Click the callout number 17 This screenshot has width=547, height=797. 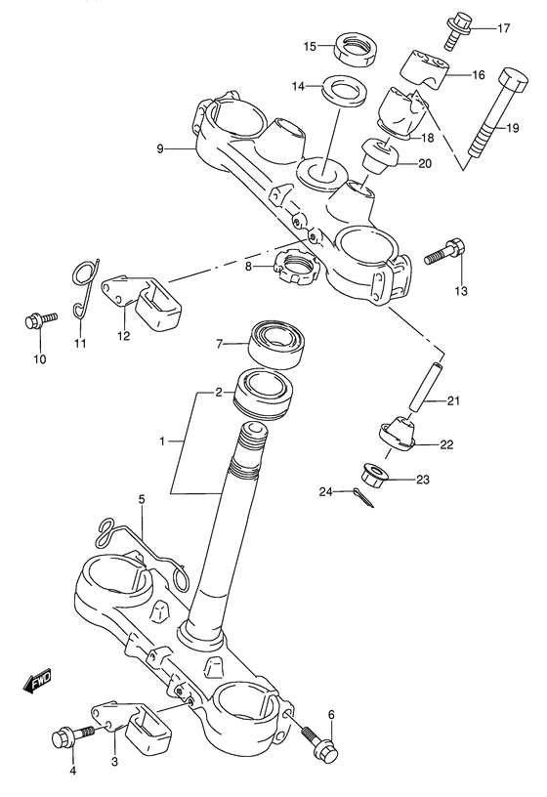pyautogui.click(x=504, y=27)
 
